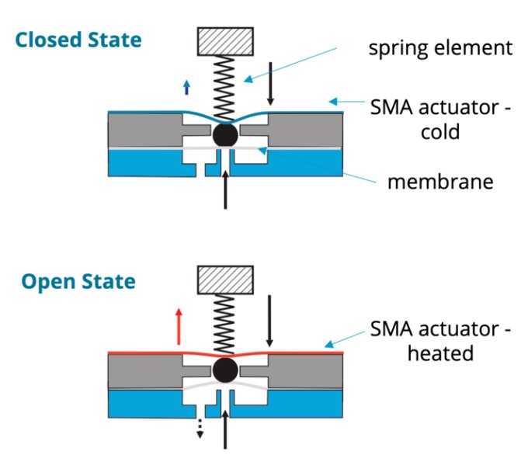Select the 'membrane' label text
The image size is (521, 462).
(x=440, y=182)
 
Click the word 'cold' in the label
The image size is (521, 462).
(x=440, y=132)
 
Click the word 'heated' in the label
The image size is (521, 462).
(x=441, y=353)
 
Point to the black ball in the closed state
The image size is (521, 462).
(x=224, y=134)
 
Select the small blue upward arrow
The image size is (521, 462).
(x=186, y=87)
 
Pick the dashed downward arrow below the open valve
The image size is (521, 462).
(x=200, y=426)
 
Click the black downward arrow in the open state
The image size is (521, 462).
(x=269, y=321)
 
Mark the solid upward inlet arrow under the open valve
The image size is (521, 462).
(x=225, y=426)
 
